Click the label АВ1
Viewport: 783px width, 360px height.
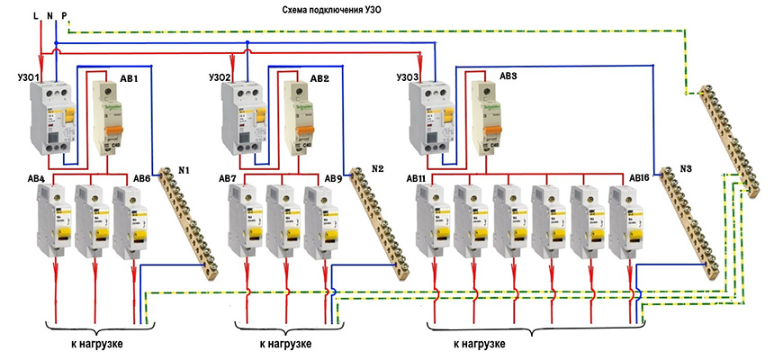tap(129, 79)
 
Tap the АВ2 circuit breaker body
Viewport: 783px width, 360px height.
tap(296, 117)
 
